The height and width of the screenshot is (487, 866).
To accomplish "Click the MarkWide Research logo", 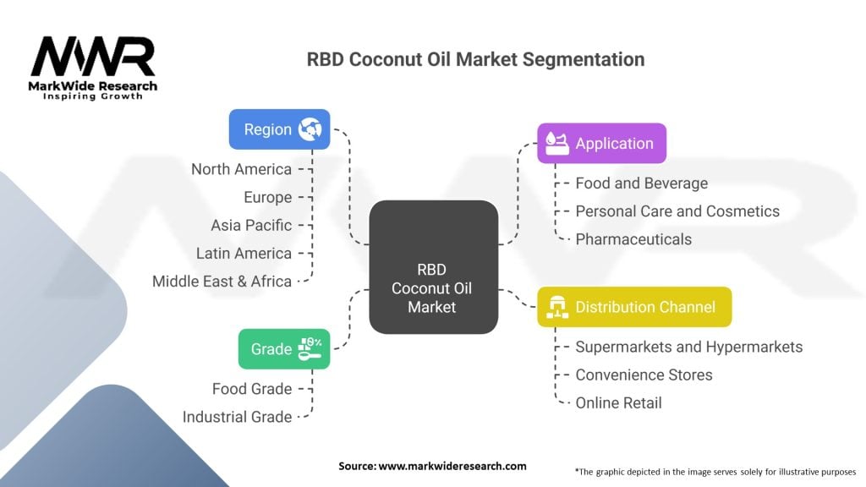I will point(93,68).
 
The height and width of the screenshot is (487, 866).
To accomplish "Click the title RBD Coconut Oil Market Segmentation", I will point(475,59).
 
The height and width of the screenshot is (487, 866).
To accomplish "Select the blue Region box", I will point(279,129).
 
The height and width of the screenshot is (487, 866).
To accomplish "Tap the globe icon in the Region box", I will point(310,129).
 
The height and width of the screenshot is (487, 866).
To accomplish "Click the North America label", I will point(241,169).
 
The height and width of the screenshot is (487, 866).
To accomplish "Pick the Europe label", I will point(268,197).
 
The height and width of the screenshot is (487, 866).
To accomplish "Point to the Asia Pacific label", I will point(251,225).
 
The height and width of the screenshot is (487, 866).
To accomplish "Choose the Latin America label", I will point(244,253).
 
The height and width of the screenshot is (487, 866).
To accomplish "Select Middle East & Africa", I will point(222,281).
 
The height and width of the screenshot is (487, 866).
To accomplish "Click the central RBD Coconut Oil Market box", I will point(433,266).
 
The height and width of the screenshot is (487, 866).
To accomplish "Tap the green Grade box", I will point(284,348).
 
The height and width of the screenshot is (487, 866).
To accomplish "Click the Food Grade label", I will point(252,389).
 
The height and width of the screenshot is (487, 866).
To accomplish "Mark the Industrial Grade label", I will point(237,417).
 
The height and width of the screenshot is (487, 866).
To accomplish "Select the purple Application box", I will point(601,143).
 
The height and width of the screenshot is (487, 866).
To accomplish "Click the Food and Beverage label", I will point(641,183).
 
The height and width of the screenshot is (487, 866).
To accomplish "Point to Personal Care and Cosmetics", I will point(677,211).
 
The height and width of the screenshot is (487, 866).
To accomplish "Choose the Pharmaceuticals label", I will point(633,238).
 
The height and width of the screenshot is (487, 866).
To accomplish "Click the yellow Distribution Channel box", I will point(634,307).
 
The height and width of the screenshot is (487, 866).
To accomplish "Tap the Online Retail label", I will point(618,402).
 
